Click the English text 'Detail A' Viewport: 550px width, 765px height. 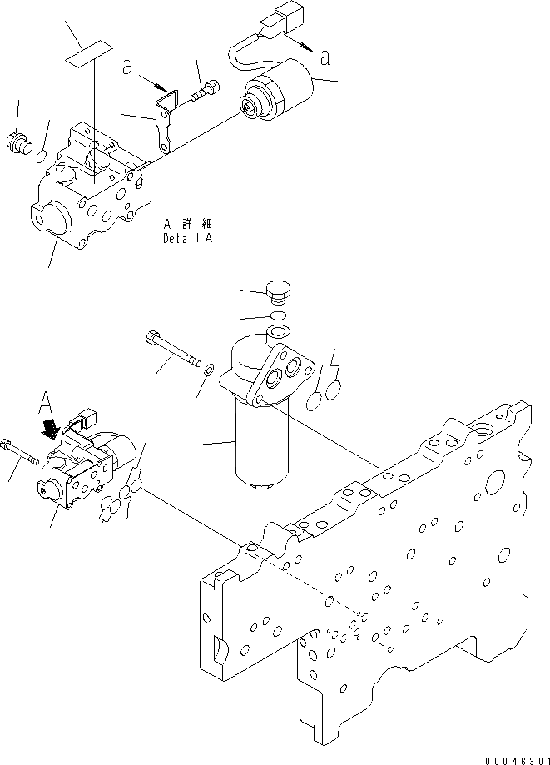(188, 237)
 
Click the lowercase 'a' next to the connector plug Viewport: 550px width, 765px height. (324, 57)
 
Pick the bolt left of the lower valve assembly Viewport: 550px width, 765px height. (22, 453)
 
